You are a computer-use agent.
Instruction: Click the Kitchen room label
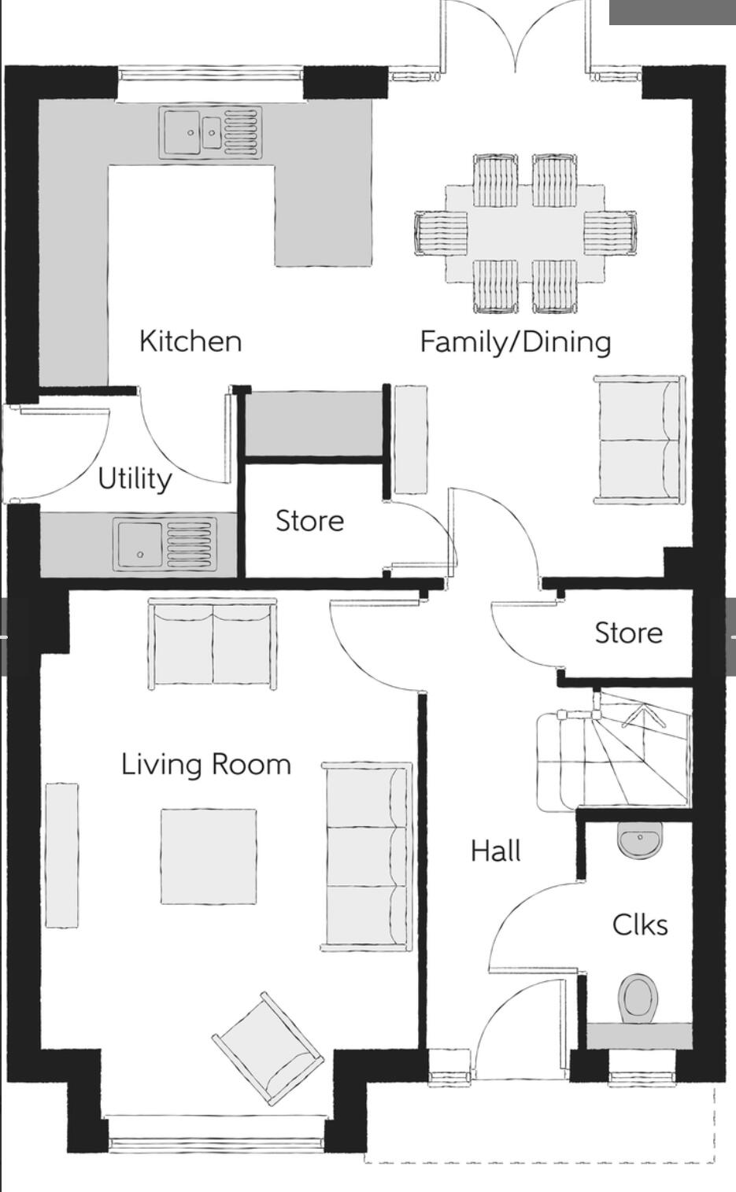click(190, 341)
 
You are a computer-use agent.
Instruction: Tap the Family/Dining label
click(516, 342)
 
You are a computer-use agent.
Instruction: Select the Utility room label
click(135, 478)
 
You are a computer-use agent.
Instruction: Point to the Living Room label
click(206, 765)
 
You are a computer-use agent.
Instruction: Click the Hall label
click(496, 851)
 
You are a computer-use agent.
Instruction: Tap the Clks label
click(640, 924)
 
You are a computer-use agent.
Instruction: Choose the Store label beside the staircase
click(628, 633)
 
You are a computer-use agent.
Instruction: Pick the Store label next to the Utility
click(309, 520)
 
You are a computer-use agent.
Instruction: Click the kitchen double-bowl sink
click(210, 132)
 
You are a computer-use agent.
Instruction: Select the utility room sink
click(165, 544)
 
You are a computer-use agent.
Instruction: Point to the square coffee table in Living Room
click(209, 857)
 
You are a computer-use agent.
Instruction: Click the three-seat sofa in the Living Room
click(366, 857)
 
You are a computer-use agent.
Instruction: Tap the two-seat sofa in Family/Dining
click(640, 440)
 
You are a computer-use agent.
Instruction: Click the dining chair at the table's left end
click(441, 233)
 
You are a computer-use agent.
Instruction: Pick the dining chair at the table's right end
click(610, 233)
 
